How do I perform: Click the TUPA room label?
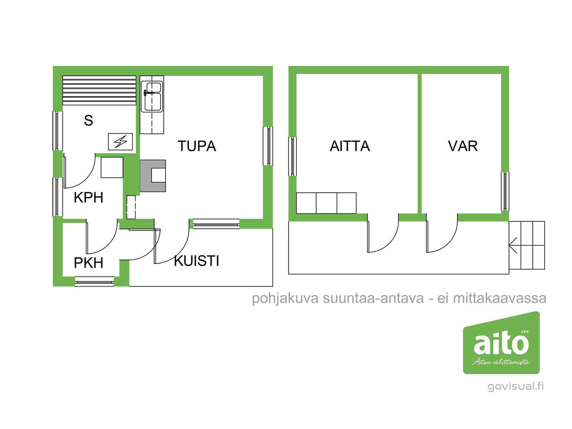click(x=197, y=146)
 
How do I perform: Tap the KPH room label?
click(x=88, y=197)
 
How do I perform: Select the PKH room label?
click(x=88, y=262)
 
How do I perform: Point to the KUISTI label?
click(x=197, y=261)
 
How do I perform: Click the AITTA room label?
click(x=350, y=146)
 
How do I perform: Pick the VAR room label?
click(x=463, y=146)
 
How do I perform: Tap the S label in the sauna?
click(x=88, y=120)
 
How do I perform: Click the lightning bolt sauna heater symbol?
click(x=120, y=142)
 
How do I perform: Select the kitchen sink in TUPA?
click(x=152, y=97)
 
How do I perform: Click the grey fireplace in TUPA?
click(x=153, y=176)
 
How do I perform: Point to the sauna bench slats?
click(x=99, y=90)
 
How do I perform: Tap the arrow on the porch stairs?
click(x=513, y=245)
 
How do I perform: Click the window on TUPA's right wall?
click(x=268, y=146)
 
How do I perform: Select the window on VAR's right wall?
click(x=505, y=191)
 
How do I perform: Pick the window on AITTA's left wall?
click(x=292, y=156)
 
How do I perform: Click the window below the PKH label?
click(x=94, y=282)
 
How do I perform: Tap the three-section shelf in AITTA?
click(x=326, y=203)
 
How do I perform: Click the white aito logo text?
click(x=501, y=344)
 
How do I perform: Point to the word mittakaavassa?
click(x=499, y=299)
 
